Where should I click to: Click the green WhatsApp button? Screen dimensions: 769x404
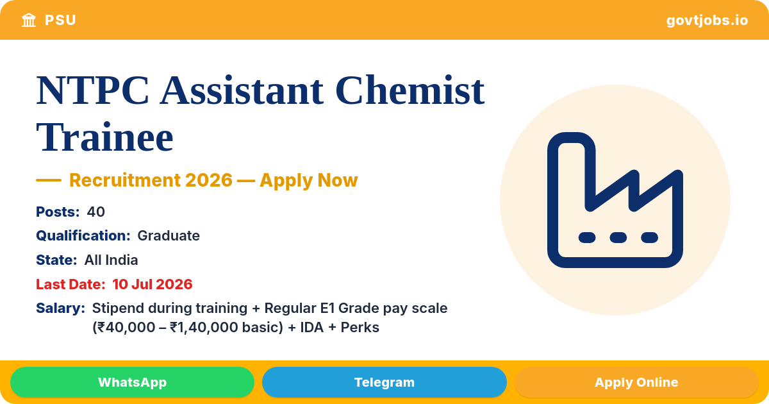point(132,382)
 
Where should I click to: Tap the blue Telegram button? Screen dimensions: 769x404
point(384,382)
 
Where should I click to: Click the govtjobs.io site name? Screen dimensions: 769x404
point(707,21)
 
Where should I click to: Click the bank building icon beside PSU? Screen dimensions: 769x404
point(29,20)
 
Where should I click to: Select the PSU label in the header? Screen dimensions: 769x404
point(60,21)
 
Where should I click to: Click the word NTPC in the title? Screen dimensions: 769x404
point(93,90)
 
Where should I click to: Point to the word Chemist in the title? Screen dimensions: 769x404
point(409,90)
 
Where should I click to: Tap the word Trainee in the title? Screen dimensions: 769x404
point(104,137)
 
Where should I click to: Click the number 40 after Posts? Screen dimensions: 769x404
point(95,212)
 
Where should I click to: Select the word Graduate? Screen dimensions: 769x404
point(169,236)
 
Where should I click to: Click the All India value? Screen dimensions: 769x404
point(112,260)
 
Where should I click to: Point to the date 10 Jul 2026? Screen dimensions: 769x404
point(153,284)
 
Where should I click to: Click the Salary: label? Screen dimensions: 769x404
point(60,308)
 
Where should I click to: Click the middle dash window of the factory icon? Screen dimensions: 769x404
point(618,237)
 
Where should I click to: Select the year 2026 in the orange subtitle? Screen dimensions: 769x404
point(209,180)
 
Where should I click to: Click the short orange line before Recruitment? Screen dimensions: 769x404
point(49,180)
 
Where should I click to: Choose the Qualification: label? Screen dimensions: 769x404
point(83,236)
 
